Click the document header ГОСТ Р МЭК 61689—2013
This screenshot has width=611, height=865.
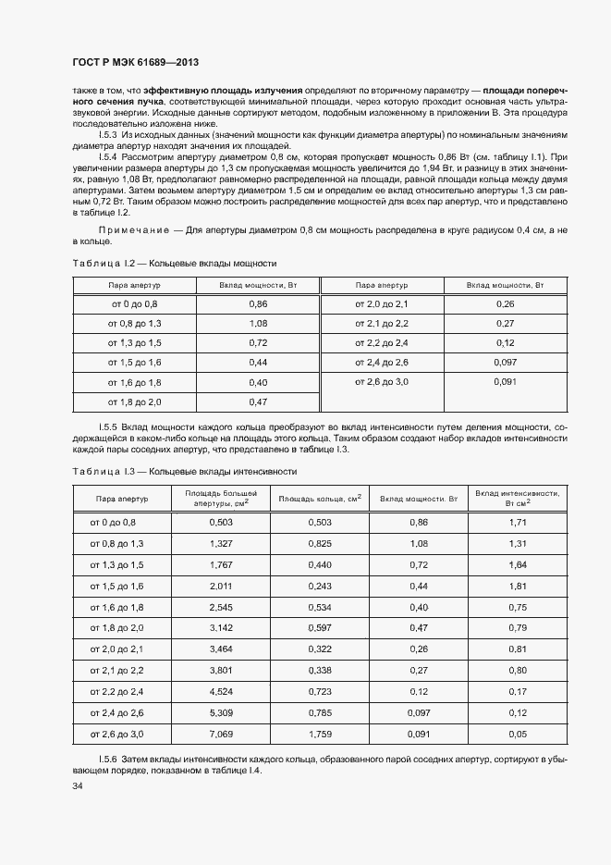point(136,63)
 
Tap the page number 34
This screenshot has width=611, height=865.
point(78,786)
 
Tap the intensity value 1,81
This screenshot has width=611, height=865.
point(518,587)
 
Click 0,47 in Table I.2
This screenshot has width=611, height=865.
point(258,402)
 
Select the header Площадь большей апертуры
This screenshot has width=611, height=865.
point(221,499)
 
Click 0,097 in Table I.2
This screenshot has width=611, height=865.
point(505,362)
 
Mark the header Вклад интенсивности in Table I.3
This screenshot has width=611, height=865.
point(518,499)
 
